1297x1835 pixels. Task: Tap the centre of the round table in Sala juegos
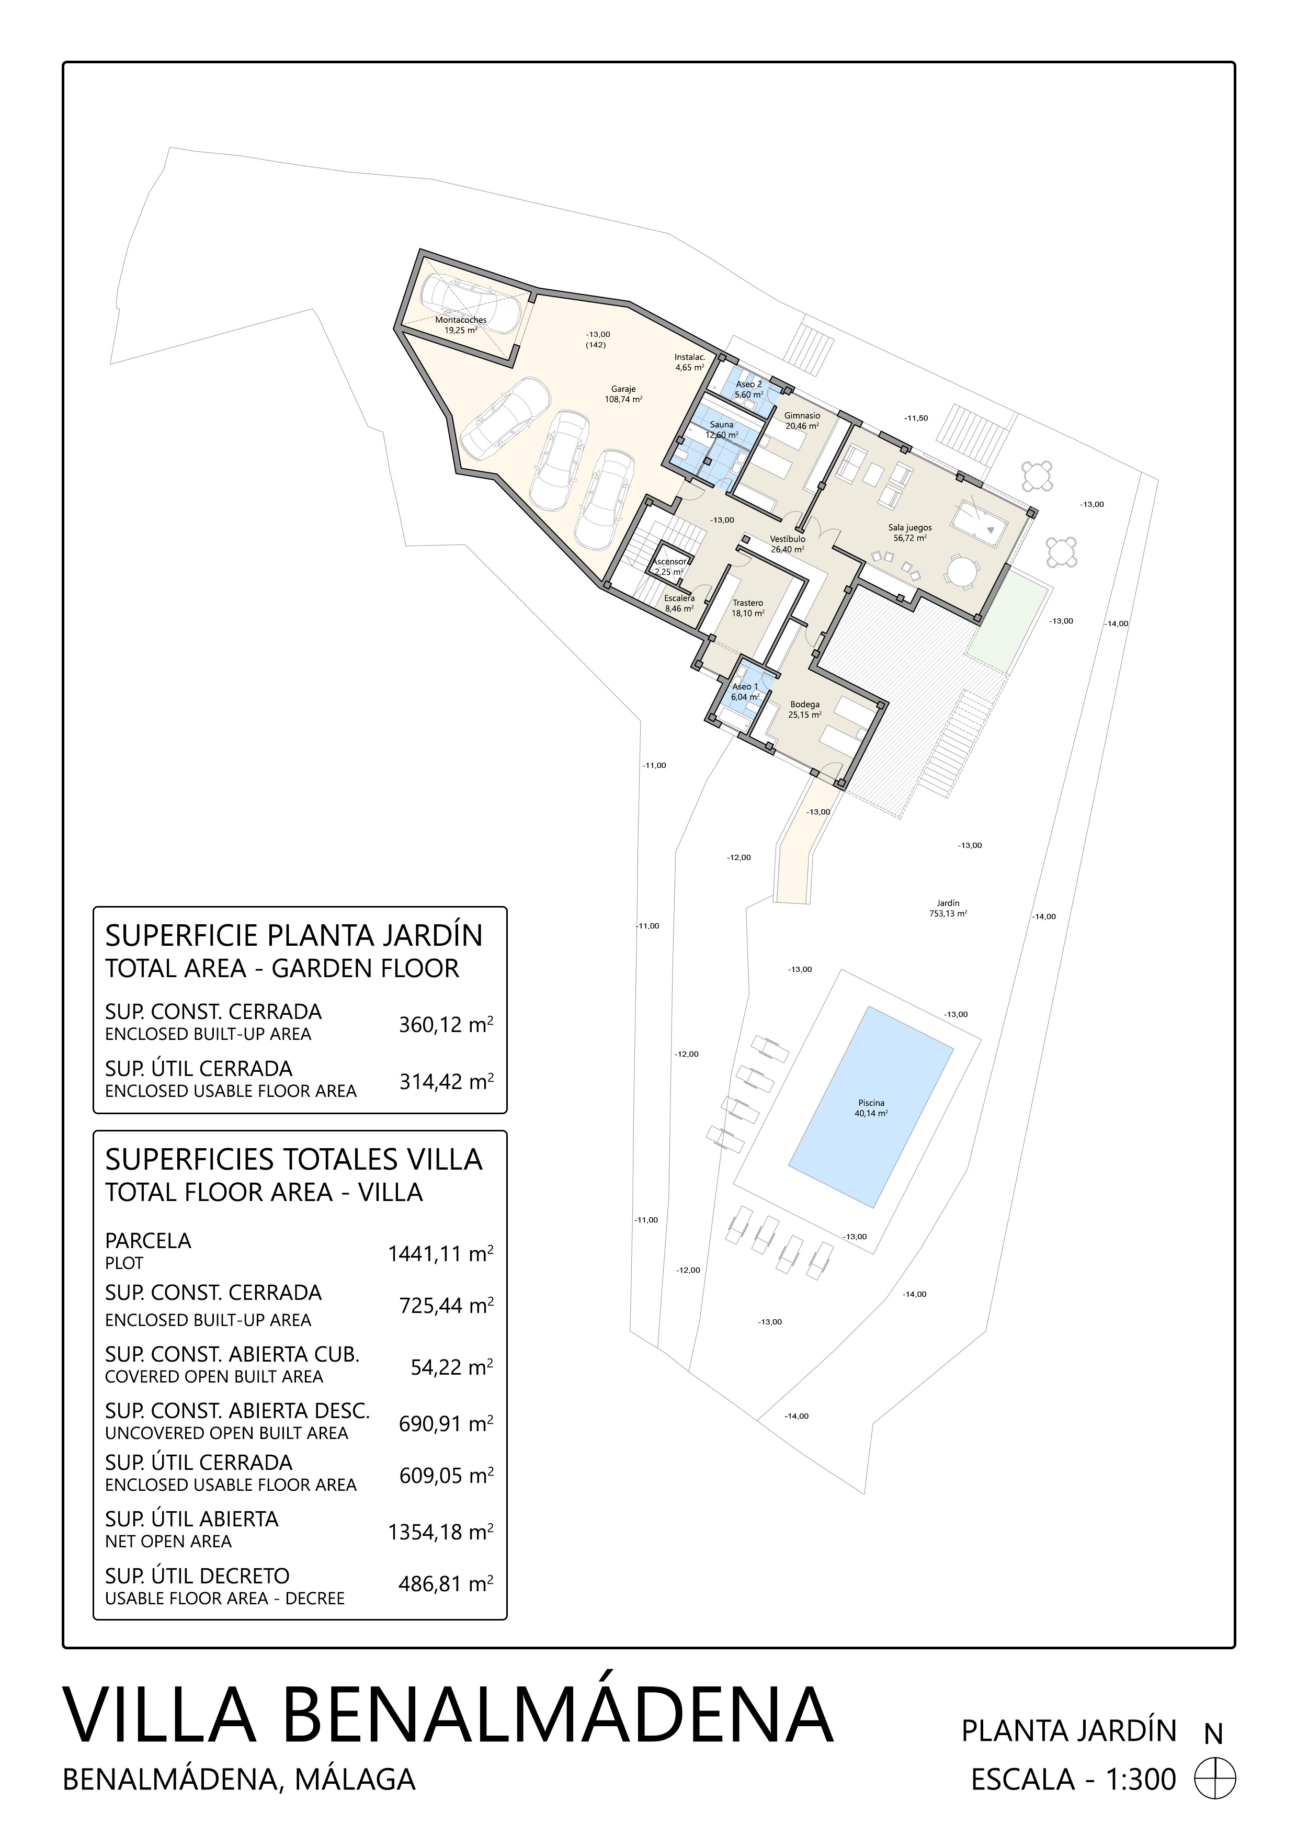pos(962,572)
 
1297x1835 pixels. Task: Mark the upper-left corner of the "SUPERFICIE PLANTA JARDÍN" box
pos(94,907)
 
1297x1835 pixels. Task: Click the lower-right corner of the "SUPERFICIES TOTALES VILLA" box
pos(507,1619)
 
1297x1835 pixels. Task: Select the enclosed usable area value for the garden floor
pos(446,1081)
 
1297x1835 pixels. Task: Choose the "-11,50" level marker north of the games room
pos(917,418)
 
